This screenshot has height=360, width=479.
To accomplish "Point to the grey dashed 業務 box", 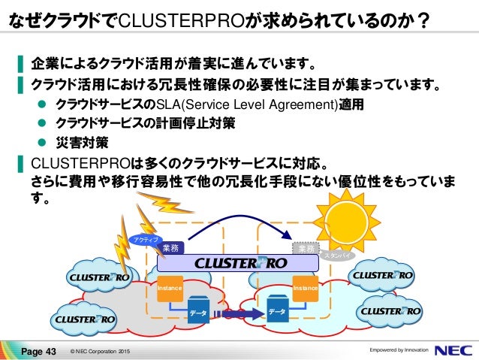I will (x=305, y=249).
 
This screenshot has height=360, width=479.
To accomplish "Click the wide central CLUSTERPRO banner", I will (x=241, y=264).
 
